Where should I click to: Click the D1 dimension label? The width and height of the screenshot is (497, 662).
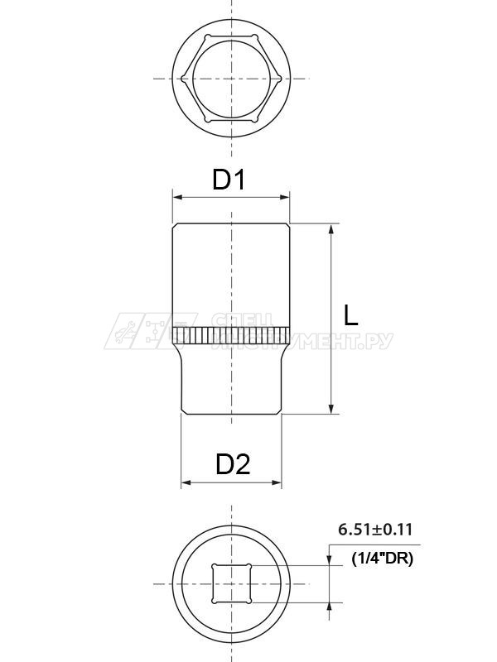(229, 179)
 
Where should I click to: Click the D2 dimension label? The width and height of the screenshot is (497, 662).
(233, 464)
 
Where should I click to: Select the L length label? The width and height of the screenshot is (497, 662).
(351, 314)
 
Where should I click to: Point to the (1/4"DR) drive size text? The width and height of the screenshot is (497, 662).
(382, 559)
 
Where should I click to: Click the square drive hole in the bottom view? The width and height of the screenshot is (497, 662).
(232, 584)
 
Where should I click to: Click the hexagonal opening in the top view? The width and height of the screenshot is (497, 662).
(232, 79)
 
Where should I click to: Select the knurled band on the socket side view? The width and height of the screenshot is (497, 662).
(232, 335)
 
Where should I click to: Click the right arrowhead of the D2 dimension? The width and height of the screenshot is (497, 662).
(277, 482)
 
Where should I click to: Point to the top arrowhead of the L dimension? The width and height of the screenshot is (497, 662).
(331, 229)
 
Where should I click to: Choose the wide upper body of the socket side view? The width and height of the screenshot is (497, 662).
(232, 273)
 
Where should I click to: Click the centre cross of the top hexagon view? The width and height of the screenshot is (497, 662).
(232, 79)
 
